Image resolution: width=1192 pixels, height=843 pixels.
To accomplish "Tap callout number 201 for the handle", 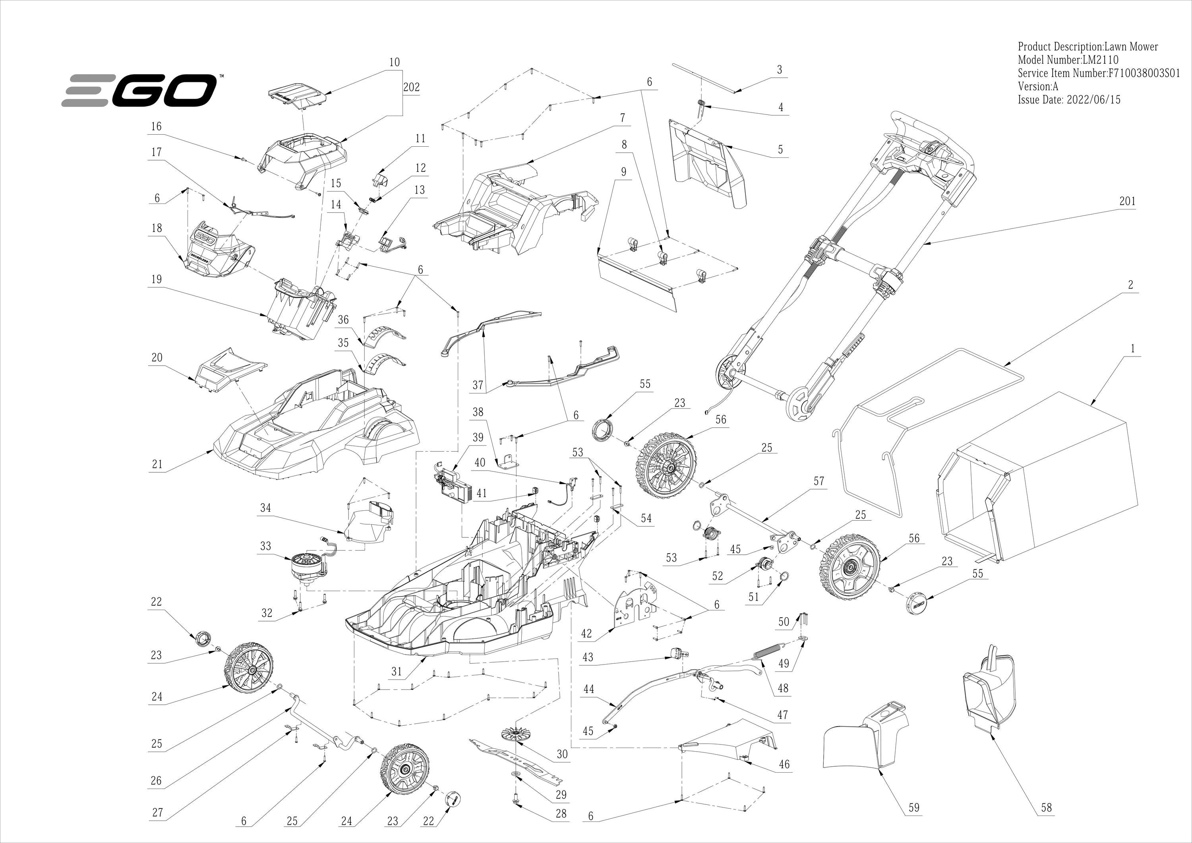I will (x=1127, y=201).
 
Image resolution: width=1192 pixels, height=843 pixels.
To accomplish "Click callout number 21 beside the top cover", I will (x=157, y=464).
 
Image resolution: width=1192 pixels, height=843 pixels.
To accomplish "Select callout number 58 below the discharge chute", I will (x=1046, y=807).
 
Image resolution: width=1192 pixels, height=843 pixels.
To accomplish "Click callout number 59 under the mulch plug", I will (x=914, y=807).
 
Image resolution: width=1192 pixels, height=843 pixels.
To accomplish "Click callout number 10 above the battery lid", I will (x=395, y=62).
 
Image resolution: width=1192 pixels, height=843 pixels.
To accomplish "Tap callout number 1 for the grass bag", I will (x=1132, y=349).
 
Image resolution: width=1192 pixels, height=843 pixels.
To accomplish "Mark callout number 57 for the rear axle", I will (x=819, y=481).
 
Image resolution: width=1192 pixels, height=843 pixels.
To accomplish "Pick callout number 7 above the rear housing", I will (x=623, y=118).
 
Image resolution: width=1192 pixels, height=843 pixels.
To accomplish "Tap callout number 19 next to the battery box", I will (x=156, y=279).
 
